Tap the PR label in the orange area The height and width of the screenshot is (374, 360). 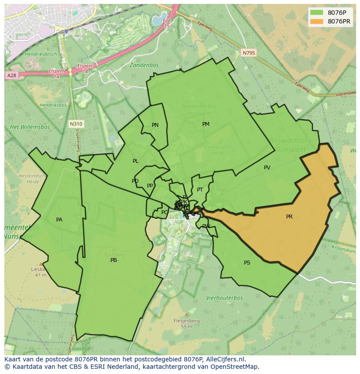coord(289,217)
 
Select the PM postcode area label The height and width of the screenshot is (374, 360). coord(206,124)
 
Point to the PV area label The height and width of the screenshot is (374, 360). coord(267,168)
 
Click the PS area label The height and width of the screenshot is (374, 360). coord(247,263)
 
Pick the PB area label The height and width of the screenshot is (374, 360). coord(113,260)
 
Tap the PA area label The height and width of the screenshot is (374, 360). coord(59,220)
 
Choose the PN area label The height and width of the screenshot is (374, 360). coord(155,125)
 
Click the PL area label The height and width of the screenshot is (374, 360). coord(136,161)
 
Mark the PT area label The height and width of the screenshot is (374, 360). coord(200,190)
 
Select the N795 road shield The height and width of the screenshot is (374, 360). coord(249,53)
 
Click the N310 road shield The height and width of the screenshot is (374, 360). coord(76,124)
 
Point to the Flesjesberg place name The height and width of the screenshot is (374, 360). coord(187,321)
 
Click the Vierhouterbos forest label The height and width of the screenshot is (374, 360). coord(224,298)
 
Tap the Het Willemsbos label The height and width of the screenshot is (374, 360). coord(30,127)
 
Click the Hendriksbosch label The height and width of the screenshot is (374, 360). coord(41,54)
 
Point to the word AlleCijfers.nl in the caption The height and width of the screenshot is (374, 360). coord(225,359)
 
